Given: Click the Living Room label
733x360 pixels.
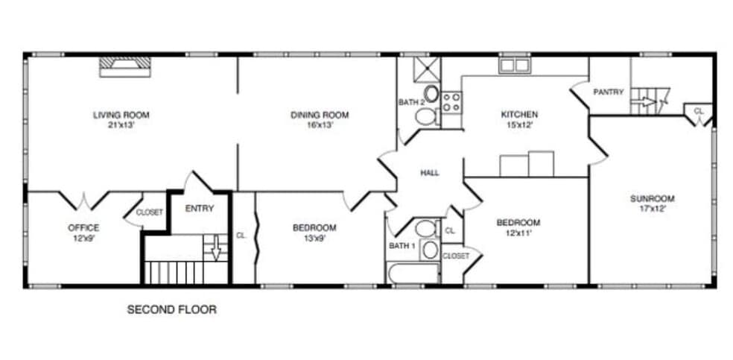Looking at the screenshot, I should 121,115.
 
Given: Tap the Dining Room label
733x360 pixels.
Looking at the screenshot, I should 319,115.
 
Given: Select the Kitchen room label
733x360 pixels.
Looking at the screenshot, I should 518,115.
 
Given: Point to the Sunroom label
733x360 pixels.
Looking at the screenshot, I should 652,198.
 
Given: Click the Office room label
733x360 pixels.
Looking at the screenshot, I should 83,227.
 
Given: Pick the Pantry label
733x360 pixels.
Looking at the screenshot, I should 608,92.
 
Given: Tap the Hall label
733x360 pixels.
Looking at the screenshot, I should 430,173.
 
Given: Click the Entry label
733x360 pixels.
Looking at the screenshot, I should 199,209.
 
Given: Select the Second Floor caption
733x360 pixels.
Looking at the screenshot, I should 172,309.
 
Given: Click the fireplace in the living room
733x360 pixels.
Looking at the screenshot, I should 126,67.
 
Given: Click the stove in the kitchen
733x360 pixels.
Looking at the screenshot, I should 451,102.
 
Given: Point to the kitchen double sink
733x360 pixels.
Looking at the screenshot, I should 513,66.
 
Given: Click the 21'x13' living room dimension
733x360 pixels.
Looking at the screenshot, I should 121,125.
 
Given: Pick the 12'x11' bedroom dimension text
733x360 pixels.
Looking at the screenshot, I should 518,233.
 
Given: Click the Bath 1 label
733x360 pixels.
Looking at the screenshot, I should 403,245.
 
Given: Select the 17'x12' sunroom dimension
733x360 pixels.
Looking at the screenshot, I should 652,209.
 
